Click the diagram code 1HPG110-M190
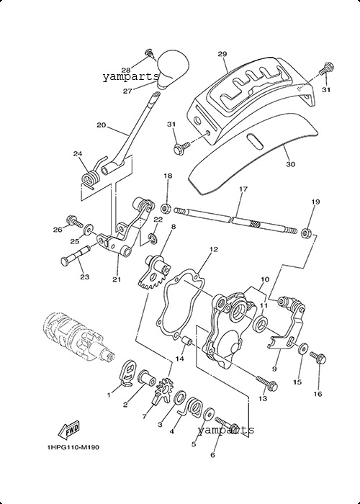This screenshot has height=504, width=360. pyautogui.click(x=73, y=447)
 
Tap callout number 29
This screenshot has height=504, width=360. pyautogui.click(x=222, y=54)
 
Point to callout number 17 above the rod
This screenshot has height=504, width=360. pyautogui.click(x=243, y=189)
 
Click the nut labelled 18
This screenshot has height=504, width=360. pyautogui.click(x=166, y=208)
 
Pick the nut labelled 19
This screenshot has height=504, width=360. pyautogui.click(x=306, y=232)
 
